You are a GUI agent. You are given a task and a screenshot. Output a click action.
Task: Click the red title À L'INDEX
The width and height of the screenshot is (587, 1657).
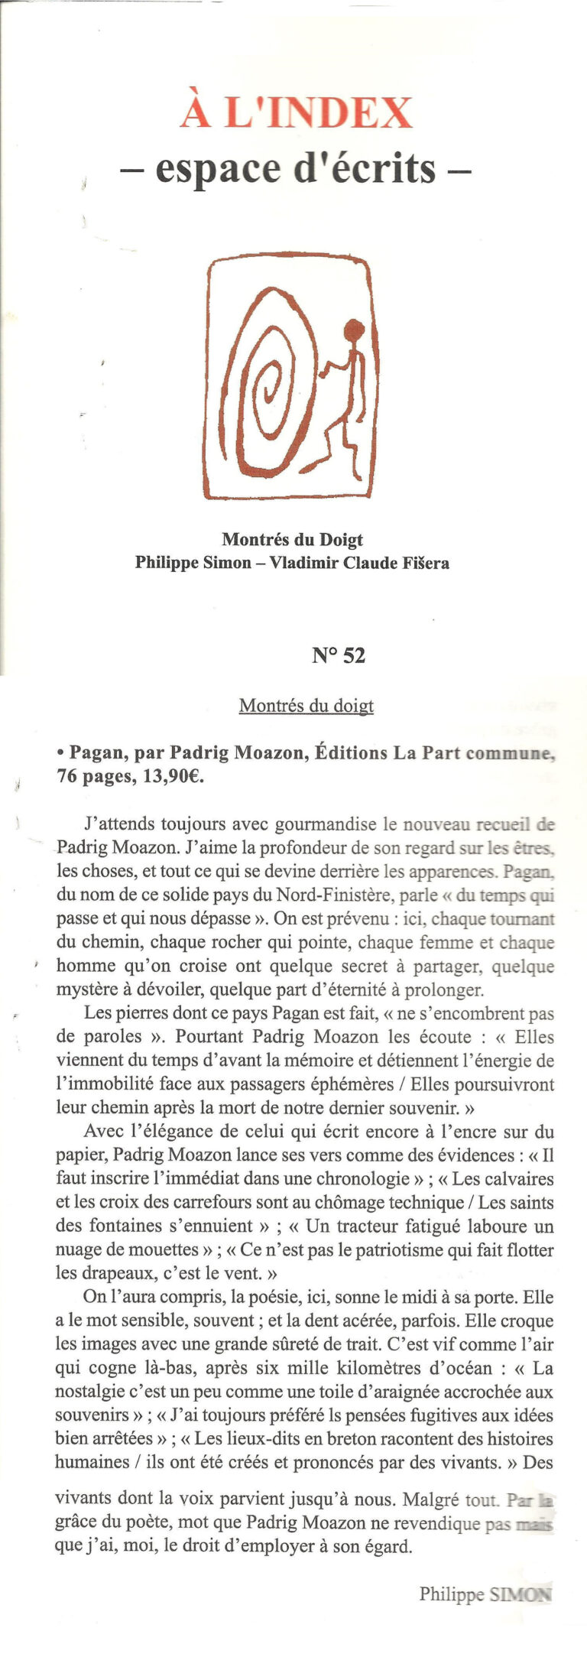pyautogui.click(x=297, y=113)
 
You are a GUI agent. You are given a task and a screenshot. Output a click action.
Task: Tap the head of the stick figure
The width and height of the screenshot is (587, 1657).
pyautogui.click(x=353, y=331)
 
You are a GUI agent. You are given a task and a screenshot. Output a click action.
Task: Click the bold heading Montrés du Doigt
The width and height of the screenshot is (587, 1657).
pyautogui.click(x=293, y=540)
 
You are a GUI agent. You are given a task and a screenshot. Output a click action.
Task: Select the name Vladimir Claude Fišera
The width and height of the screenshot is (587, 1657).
pyautogui.click(x=359, y=564)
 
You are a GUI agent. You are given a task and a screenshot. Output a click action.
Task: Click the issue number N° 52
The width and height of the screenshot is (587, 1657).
pyautogui.click(x=339, y=655)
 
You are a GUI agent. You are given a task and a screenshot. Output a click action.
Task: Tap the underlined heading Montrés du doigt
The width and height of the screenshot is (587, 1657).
pyautogui.click(x=306, y=705)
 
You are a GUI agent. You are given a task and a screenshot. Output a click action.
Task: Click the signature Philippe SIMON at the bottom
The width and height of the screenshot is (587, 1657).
pyautogui.click(x=485, y=1594)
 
